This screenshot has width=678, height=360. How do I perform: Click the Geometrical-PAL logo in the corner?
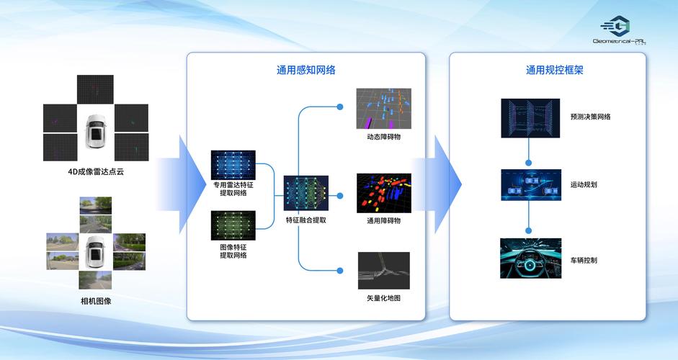pyautogui.click(x=619, y=32)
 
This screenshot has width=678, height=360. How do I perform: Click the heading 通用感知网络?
pyautogui.click(x=305, y=71)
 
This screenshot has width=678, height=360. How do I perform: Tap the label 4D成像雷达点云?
pyautogui.click(x=96, y=173)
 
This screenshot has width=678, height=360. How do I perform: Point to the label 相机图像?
pyautogui.click(x=96, y=300)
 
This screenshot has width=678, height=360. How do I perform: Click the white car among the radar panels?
pyautogui.click(x=96, y=131)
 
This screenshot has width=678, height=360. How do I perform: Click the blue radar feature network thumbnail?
pyautogui.click(x=233, y=164)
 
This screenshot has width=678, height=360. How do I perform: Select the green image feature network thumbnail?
pyautogui.click(x=233, y=225)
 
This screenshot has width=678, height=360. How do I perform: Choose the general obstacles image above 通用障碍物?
pyautogui.click(x=383, y=192)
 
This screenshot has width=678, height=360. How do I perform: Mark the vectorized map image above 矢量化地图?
pyautogui.click(x=383, y=271)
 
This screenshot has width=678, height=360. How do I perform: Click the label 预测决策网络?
pyautogui.click(x=590, y=117)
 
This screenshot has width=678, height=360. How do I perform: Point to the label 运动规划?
pyautogui.click(x=583, y=185)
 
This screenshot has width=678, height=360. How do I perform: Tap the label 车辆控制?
pyautogui.click(x=583, y=260)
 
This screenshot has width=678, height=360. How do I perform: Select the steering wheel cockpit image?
pyautogui.click(x=530, y=258)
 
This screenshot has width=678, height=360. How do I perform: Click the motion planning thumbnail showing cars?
pyautogui.click(x=530, y=184)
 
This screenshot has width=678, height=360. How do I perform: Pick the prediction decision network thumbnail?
pyautogui.click(x=530, y=118)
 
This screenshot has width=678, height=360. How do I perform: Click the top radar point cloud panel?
pyautogui.click(x=96, y=89)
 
